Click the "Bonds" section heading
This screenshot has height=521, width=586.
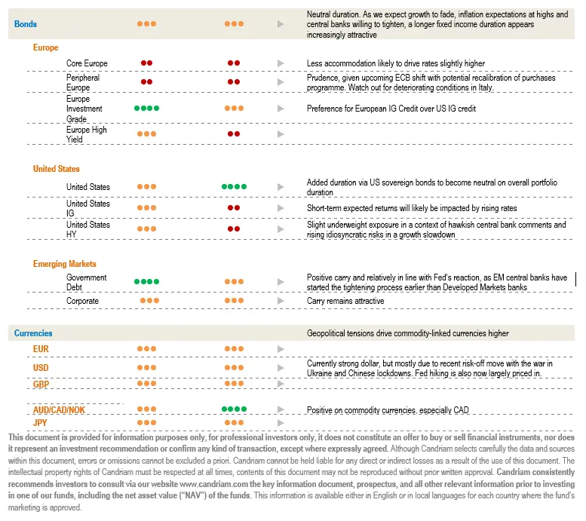26,24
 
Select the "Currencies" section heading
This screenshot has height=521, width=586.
33,333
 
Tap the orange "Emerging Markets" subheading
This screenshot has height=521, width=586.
64,264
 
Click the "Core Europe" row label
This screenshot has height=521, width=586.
87,63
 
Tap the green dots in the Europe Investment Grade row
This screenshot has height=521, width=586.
146,109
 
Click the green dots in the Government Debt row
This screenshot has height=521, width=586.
146,282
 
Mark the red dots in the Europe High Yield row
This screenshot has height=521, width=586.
234,134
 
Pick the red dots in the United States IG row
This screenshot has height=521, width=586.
234,208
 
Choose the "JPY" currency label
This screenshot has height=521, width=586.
41,423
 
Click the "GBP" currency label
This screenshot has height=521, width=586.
41,384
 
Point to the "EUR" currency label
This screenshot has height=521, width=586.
41,349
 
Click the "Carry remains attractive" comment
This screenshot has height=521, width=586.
345,301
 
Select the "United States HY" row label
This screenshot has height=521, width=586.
87,229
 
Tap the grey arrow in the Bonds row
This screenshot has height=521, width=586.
281,24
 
